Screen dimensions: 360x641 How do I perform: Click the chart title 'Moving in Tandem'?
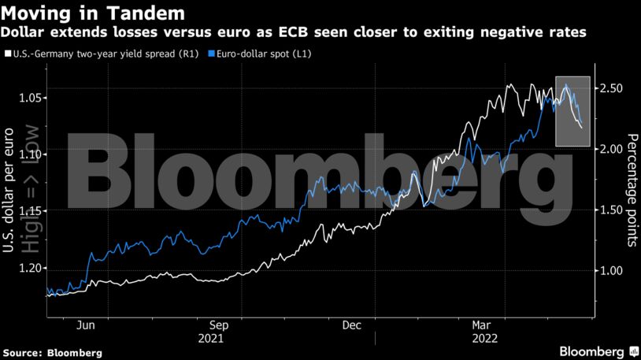(94, 13)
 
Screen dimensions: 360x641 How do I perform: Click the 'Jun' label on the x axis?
(87, 325)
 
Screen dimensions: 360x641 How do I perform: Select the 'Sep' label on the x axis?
(219, 325)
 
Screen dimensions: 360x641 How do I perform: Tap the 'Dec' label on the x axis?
(351, 325)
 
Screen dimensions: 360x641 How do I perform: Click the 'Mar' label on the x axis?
(481, 325)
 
